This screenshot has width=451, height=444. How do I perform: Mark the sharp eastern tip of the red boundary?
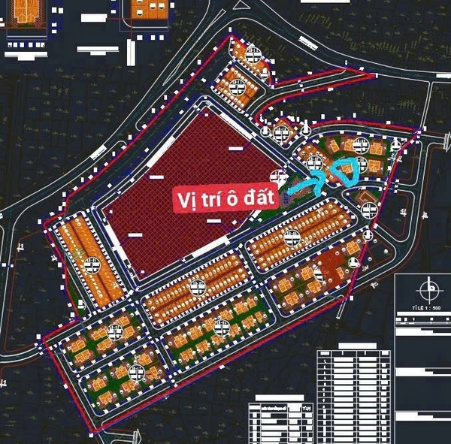(x=422, y=128)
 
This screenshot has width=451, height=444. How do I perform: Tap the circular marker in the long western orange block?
(x=94, y=264)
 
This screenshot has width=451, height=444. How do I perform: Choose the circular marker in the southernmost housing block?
(x=137, y=372)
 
